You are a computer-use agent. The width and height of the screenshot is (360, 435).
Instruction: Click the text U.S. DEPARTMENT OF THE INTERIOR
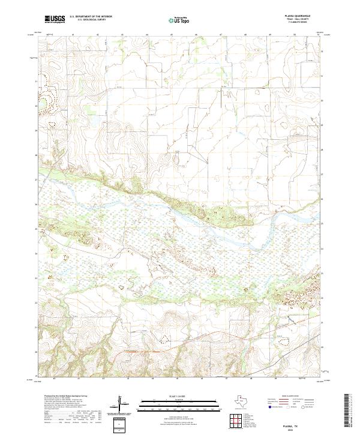(91, 17)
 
